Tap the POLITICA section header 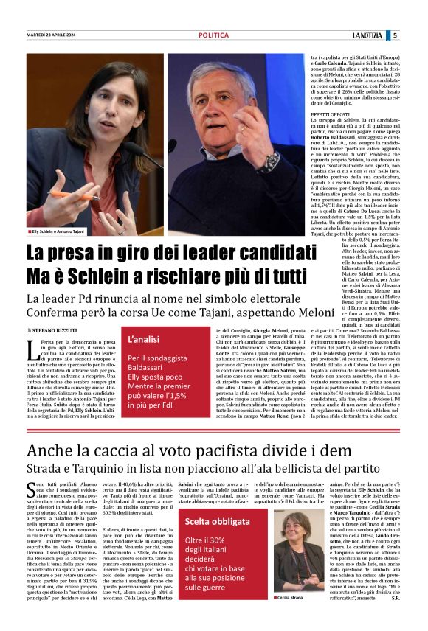pyautogui.click(x=213, y=35)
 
